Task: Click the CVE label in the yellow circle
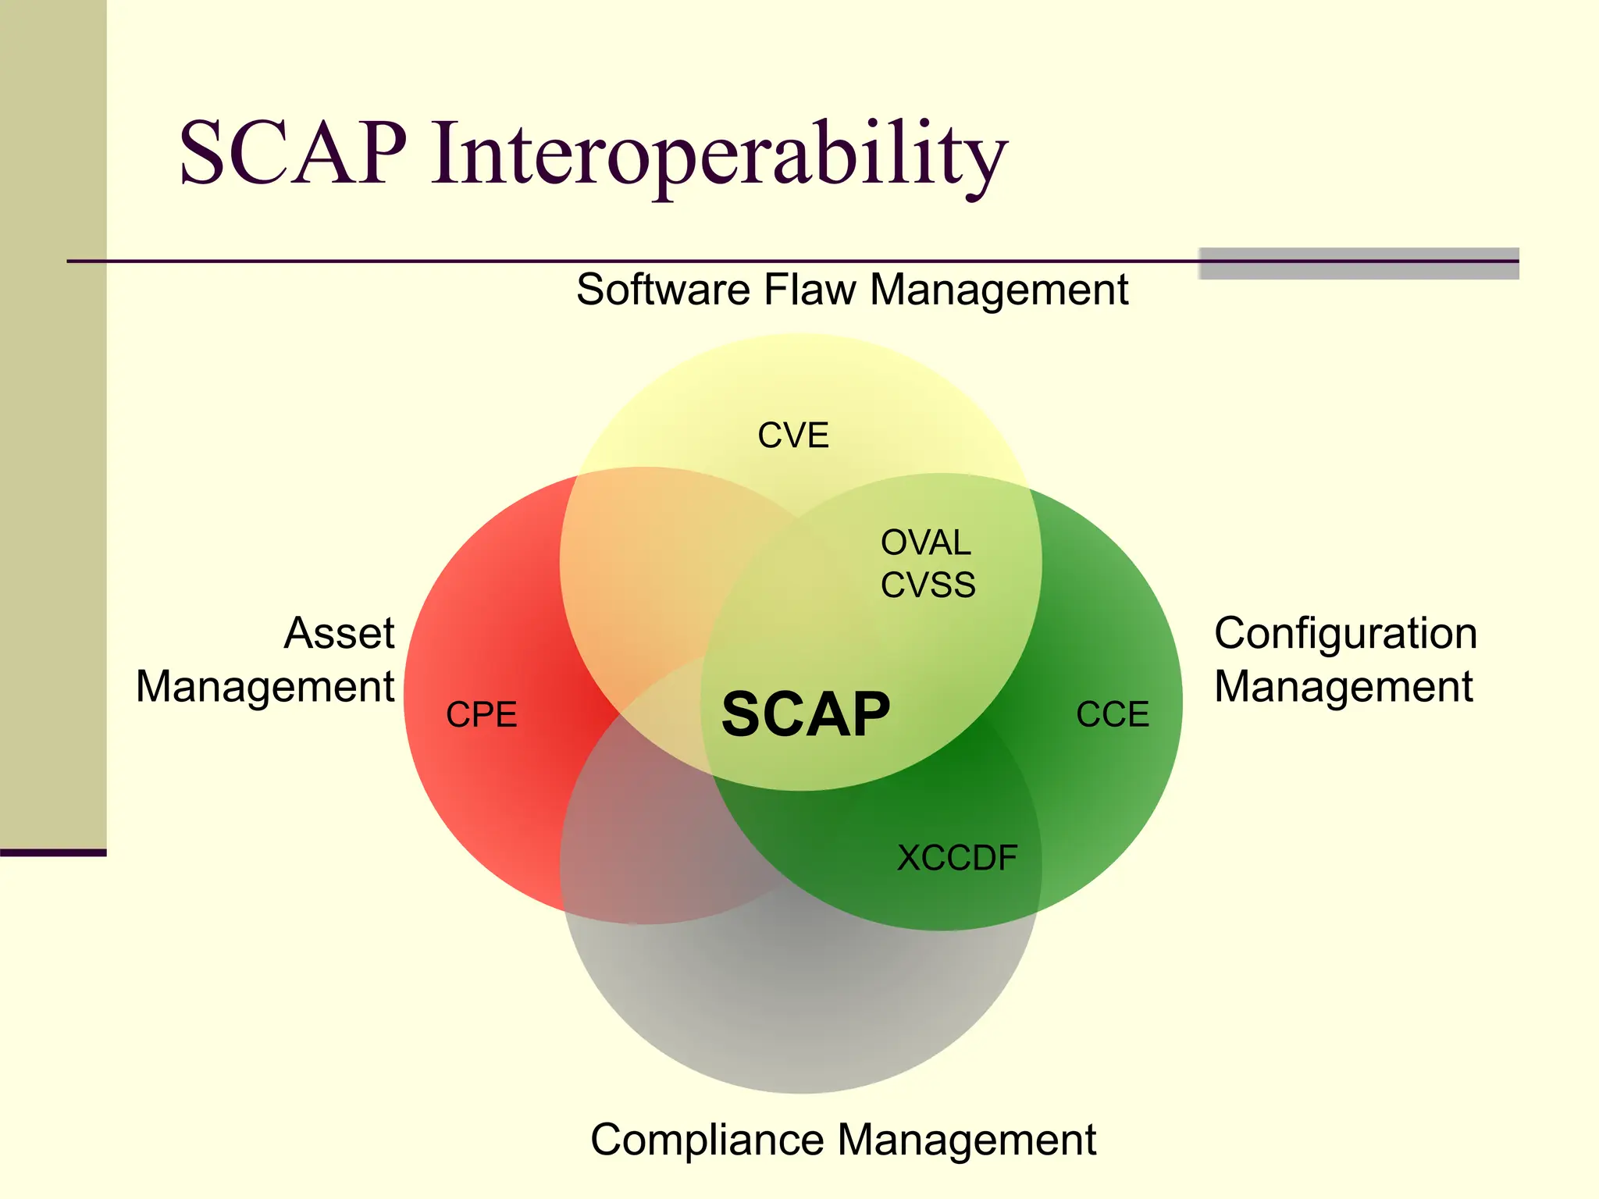[792, 436]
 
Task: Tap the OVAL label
[925, 543]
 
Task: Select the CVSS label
[928, 585]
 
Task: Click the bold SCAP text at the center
[805, 714]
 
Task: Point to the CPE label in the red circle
[481, 714]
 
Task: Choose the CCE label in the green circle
[1112, 714]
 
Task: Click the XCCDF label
[956, 858]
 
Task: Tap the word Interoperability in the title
[718, 154]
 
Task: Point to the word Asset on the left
[339, 632]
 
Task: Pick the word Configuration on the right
[1344, 634]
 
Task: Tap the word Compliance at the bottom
[707, 1140]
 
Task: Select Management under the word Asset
[265, 687]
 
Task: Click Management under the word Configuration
[1343, 687]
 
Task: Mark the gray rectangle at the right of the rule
[1358, 264]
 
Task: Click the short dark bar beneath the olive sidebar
[52, 852]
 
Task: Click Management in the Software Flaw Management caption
[999, 290]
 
